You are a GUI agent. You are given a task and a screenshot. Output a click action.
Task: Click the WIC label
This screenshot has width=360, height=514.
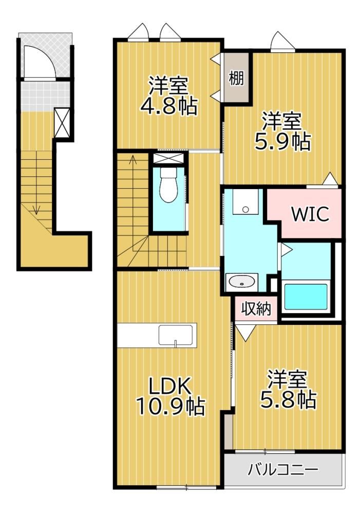click(x=310, y=214)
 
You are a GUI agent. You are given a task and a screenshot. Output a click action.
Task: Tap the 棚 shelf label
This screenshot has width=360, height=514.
click(x=237, y=78)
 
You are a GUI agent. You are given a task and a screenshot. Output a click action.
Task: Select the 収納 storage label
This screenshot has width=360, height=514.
click(x=256, y=308)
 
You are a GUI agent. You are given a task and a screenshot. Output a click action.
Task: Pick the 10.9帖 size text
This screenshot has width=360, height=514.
click(x=170, y=407)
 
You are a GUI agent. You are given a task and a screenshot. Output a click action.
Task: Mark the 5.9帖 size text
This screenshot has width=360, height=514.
click(x=282, y=141)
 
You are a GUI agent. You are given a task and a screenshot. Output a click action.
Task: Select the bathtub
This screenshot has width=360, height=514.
click(x=306, y=297)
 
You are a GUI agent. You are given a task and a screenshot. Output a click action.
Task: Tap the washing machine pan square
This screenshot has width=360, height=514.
click(x=245, y=201)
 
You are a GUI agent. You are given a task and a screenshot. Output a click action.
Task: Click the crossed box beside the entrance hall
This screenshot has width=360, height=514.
click(x=62, y=123)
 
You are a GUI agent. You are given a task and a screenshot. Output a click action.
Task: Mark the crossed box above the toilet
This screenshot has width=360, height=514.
click(x=169, y=157)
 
